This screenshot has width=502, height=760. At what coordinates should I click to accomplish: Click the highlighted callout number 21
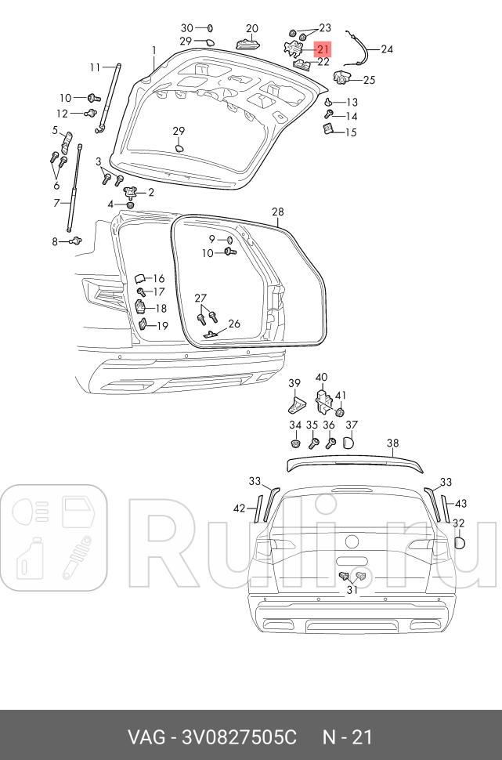[323, 48]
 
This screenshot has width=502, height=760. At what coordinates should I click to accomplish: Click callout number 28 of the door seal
[278, 212]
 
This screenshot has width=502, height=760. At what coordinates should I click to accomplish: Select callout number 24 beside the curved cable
[387, 49]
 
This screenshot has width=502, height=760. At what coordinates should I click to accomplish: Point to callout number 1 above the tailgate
[154, 50]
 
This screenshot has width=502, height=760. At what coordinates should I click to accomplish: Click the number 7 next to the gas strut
[56, 204]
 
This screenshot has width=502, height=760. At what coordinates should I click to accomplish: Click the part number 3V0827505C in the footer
[239, 737]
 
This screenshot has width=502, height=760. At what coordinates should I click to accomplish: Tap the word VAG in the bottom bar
[146, 737]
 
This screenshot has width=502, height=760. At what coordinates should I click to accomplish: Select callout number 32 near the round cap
[459, 523]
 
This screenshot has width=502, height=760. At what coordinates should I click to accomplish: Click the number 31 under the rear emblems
[352, 591]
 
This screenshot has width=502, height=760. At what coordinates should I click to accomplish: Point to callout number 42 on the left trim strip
[239, 508]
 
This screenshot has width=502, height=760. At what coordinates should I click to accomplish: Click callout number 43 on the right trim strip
[461, 503]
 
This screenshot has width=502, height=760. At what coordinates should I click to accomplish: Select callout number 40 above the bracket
[322, 378]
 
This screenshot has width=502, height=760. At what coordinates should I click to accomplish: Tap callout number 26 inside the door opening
[234, 324]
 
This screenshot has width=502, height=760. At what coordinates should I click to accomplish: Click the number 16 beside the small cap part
[159, 278]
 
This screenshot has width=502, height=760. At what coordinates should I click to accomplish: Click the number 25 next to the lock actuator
[369, 79]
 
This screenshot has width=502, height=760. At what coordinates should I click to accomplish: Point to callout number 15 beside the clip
[351, 132]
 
